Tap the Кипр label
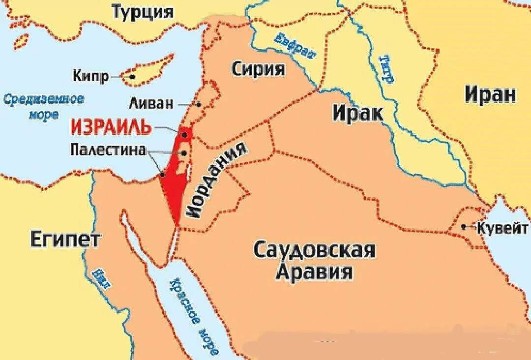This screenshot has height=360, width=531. pyautogui.click(x=90, y=76)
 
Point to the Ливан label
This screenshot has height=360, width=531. pyautogui.click(x=151, y=104)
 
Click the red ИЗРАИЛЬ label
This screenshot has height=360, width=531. pyautogui.click(x=111, y=127)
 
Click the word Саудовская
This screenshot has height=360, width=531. pyautogui.click(x=314, y=250)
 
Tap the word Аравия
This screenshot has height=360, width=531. pyautogui.click(x=314, y=271)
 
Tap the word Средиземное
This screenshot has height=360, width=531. pyautogui.click(x=44, y=99)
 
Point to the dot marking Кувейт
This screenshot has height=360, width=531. pyautogui.click(x=464, y=227)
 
